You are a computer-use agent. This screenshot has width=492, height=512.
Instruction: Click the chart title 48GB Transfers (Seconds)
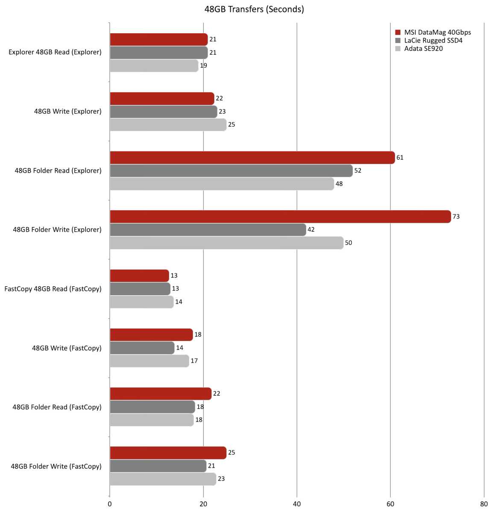tap(254, 9)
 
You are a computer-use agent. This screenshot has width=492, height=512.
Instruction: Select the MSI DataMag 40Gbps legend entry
tap(437, 32)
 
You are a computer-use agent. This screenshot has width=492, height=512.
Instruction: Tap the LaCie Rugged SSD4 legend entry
tap(433, 41)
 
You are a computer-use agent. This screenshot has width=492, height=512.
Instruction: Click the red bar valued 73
tap(280, 217)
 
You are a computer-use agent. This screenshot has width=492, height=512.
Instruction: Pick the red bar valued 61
tap(252, 157)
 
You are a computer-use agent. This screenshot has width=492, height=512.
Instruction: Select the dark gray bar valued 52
tap(231, 171)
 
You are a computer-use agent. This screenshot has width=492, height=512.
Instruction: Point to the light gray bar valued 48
tap(222, 184)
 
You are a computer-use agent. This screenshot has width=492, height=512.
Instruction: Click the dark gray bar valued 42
tap(208, 230)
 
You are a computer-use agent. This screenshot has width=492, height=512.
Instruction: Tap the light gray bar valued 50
tap(226, 243)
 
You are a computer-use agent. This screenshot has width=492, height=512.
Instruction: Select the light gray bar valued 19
tap(154, 66)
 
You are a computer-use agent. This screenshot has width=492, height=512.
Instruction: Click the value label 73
tap(456, 217)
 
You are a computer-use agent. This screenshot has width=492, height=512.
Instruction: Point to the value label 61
tap(400, 157)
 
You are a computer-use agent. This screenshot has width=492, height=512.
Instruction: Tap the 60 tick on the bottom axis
tap(390, 504)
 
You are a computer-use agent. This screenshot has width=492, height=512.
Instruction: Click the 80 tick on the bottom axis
tap(483, 504)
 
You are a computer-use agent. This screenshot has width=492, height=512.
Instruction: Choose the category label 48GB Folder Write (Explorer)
tap(57, 230)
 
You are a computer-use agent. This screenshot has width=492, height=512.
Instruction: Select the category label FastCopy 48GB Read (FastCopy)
tap(53, 289)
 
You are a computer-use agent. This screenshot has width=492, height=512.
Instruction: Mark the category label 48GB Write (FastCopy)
tap(67, 348)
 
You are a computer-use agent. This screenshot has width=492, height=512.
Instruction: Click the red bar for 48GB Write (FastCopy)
tap(151, 335)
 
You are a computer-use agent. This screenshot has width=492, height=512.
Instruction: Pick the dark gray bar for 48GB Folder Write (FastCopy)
tap(158, 466)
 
